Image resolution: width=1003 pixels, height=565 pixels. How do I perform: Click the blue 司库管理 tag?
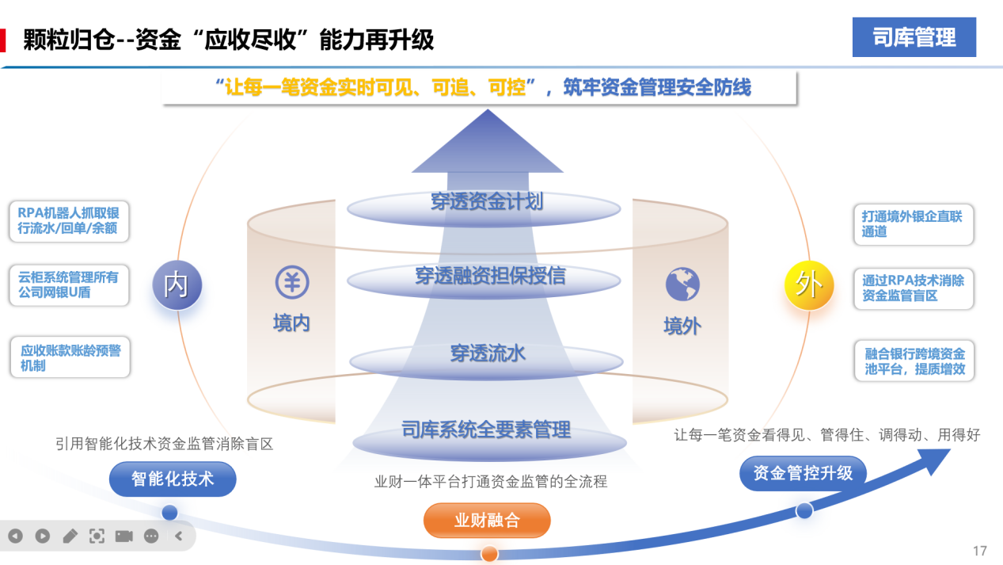[914, 37]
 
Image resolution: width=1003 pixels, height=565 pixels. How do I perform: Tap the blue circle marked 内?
[177, 284]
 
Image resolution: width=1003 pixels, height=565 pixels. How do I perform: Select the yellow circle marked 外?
[808, 284]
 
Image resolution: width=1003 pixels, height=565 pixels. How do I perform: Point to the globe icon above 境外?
[682, 284]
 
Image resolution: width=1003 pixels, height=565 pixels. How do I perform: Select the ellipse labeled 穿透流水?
[486, 354]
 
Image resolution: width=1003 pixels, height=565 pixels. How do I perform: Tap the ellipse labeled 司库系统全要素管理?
[486, 433]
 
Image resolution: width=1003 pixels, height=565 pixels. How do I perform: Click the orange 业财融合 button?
[487, 521]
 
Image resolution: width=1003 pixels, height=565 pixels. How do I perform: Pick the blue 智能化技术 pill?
[173, 479]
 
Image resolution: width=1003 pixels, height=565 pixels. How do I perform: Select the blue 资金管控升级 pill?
[803, 474]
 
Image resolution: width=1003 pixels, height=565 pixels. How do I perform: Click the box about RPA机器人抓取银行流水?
[69, 221]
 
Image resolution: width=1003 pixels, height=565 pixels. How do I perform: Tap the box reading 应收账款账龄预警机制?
[69, 357]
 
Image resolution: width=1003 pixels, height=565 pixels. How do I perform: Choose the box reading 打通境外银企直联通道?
[912, 224]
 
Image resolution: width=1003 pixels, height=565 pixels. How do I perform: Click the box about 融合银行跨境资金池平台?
[914, 361]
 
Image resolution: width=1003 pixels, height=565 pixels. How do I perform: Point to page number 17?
[979, 551]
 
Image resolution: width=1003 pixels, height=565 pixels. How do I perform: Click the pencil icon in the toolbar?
[70, 536]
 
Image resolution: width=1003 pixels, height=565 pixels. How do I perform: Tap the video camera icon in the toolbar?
[123, 536]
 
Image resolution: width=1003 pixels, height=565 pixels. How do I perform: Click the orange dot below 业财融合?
[489, 553]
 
